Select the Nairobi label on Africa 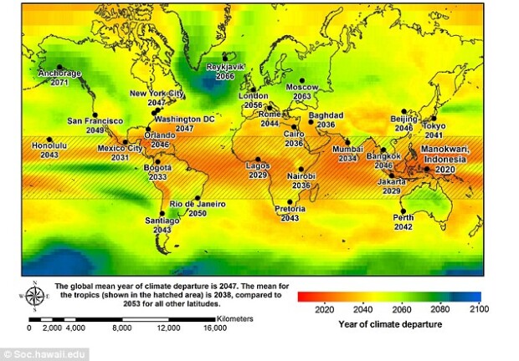coord(301,176)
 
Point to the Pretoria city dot coord(290,201)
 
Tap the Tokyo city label coord(434,125)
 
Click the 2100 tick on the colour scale coord(480,308)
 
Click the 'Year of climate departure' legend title coord(388,323)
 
